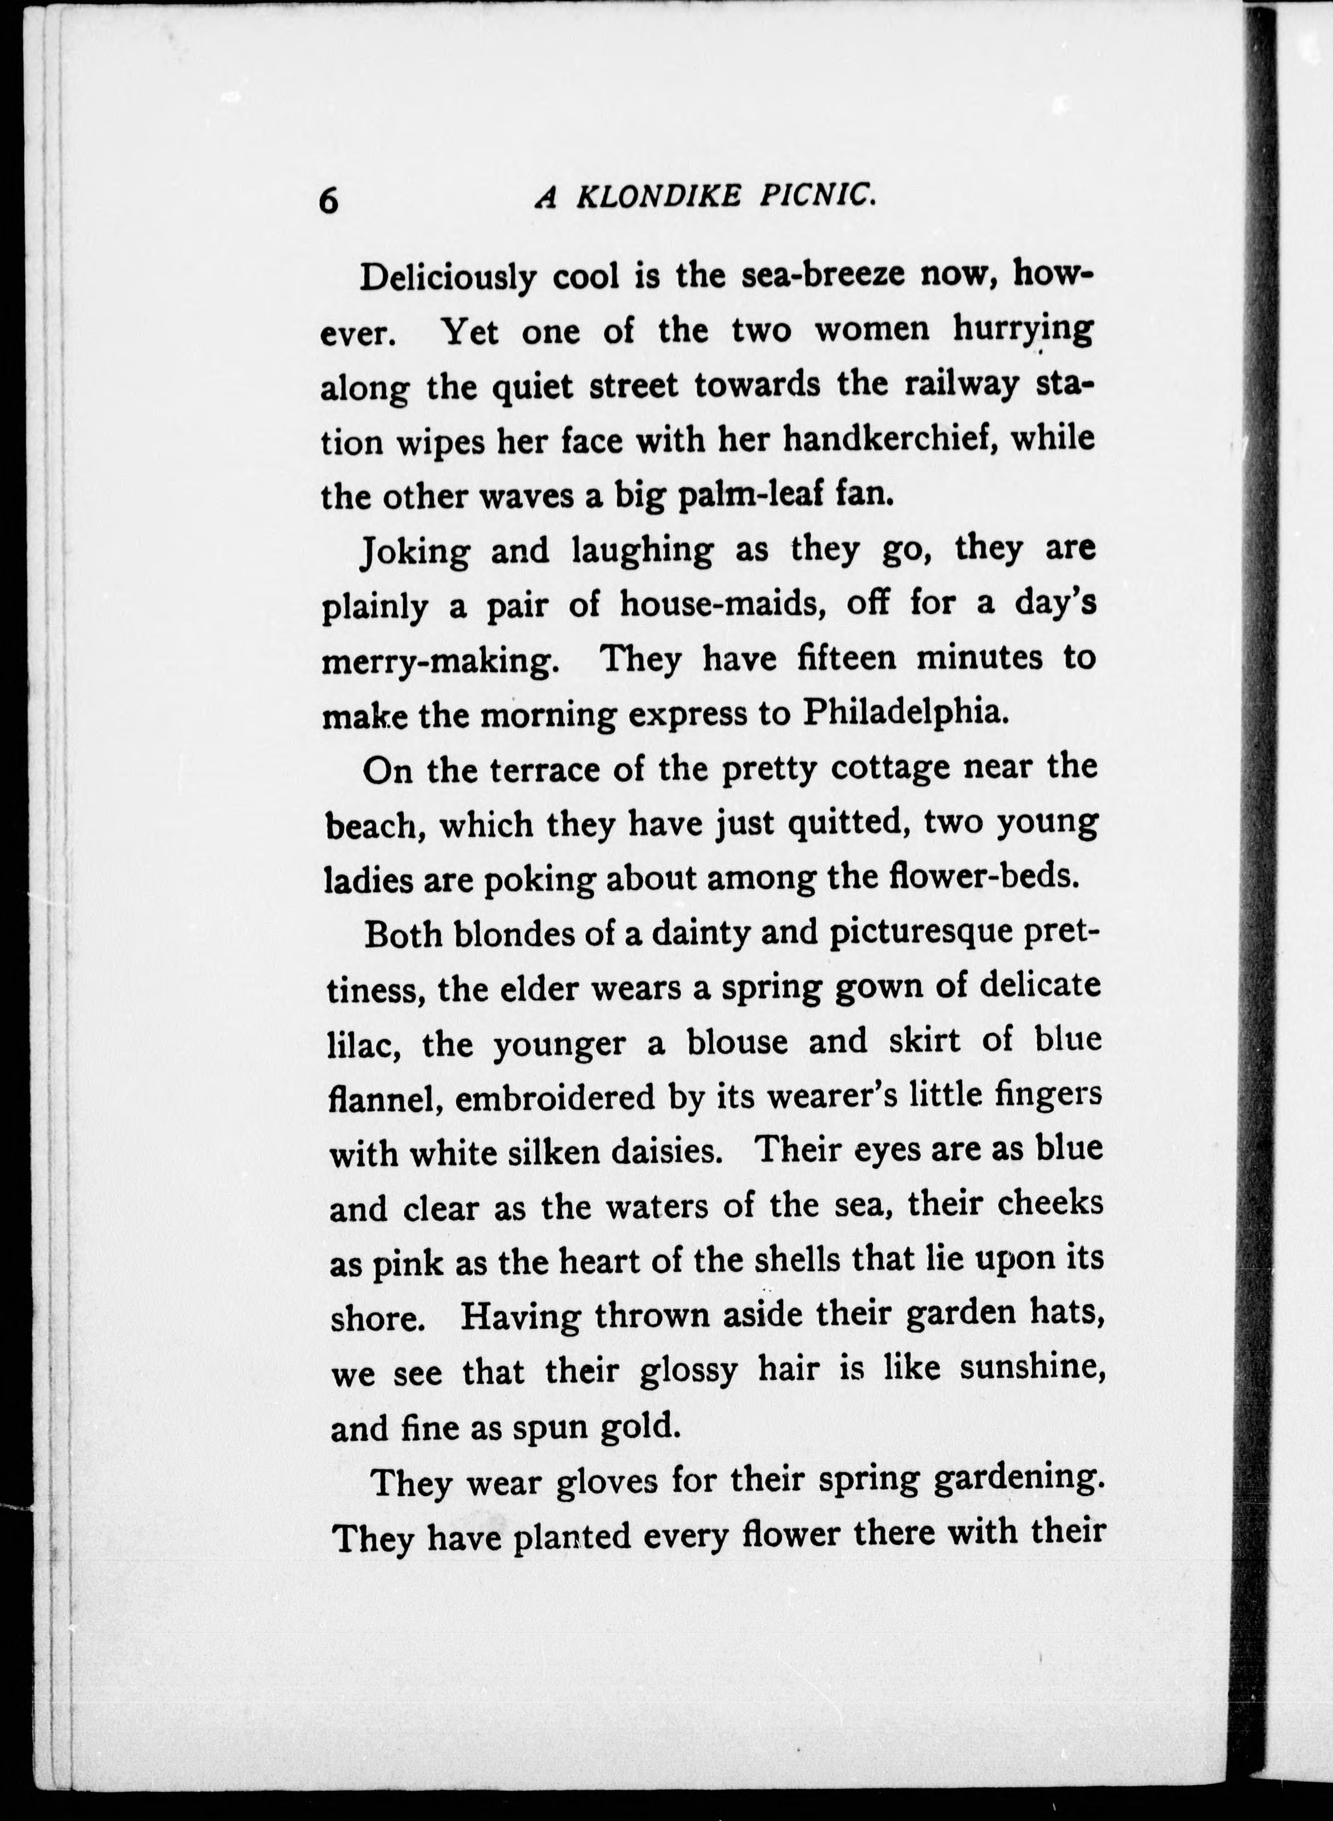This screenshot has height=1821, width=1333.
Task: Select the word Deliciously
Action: tap(448, 279)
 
